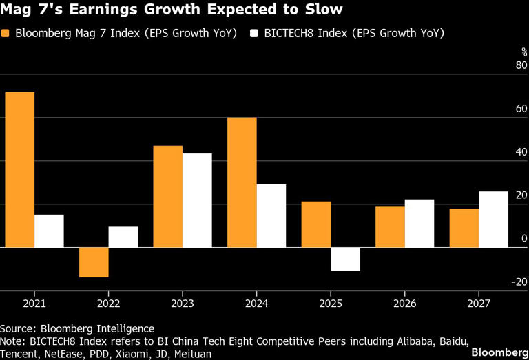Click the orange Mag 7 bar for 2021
(x=19, y=169)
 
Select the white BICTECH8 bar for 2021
(x=49, y=231)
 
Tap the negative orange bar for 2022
(x=94, y=262)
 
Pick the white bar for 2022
(x=123, y=237)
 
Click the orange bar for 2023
(x=167, y=196)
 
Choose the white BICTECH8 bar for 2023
(x=197, y=200)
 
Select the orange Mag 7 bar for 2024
(x=242, y=182)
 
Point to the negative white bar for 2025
(x=345, y=259)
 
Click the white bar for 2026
(x=419, y=223)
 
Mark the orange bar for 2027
(x=464, y=228)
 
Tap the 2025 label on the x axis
(x=331, y=304)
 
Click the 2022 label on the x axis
(x=108, y=304)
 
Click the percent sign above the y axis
(x=523, y=52)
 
